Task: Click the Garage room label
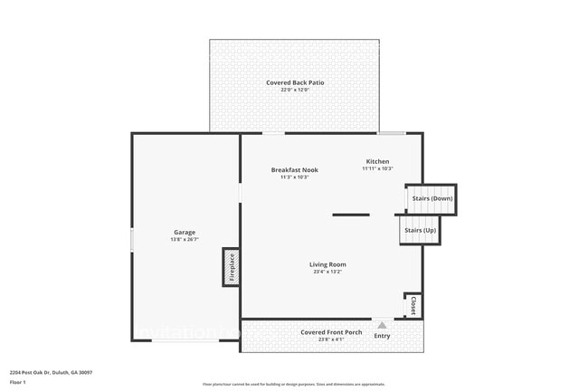coord(185,232)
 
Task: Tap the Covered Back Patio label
coord(295,82)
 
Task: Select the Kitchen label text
coord(377,161)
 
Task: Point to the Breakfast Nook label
coord(295,169)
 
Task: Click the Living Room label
coord(327,264)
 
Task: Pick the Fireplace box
coord(232,267)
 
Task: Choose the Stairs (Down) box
coord(432,198)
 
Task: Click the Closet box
coord(413,305)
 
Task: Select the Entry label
coord(382,336)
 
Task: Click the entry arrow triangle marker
coord(382,324)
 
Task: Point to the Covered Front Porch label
coord(331,332)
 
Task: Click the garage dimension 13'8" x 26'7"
coord(185,239)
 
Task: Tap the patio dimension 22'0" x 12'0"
coord(295,90)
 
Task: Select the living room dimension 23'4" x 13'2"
coord(327,272)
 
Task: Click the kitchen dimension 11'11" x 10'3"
coord(377,168)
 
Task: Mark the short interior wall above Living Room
coord(350,215)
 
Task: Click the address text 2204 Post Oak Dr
coord(51,372)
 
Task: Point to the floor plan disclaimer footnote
coord(294,384)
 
